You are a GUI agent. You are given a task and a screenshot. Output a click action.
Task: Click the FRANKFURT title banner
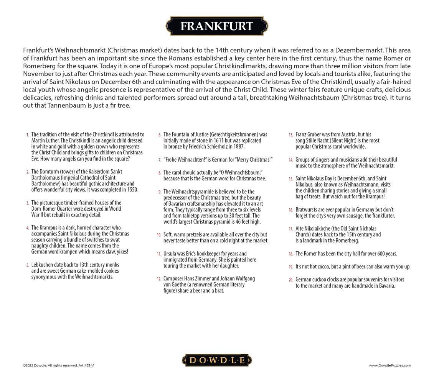[x=217, y=26]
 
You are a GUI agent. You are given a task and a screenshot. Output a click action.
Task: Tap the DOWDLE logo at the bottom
[x=217, y=360]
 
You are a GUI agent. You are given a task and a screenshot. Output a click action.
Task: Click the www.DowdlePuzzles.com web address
[x=390, y=365]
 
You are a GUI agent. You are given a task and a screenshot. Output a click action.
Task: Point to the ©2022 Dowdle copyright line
[x=58, y=365]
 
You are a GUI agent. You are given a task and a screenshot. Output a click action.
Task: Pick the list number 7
[x=160, y=160]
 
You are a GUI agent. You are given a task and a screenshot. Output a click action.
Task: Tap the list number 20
[x=291, y=280]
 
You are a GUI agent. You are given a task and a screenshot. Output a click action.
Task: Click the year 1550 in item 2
[x=132, y=190]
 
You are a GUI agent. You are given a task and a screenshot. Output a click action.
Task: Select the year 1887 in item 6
[x=238, y=146]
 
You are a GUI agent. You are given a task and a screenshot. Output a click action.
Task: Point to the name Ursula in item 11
[x=170, y=254]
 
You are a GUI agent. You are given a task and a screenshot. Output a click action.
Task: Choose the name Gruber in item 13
[x=315, y=134]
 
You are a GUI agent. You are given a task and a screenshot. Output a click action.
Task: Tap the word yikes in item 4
[x=122, y=252]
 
